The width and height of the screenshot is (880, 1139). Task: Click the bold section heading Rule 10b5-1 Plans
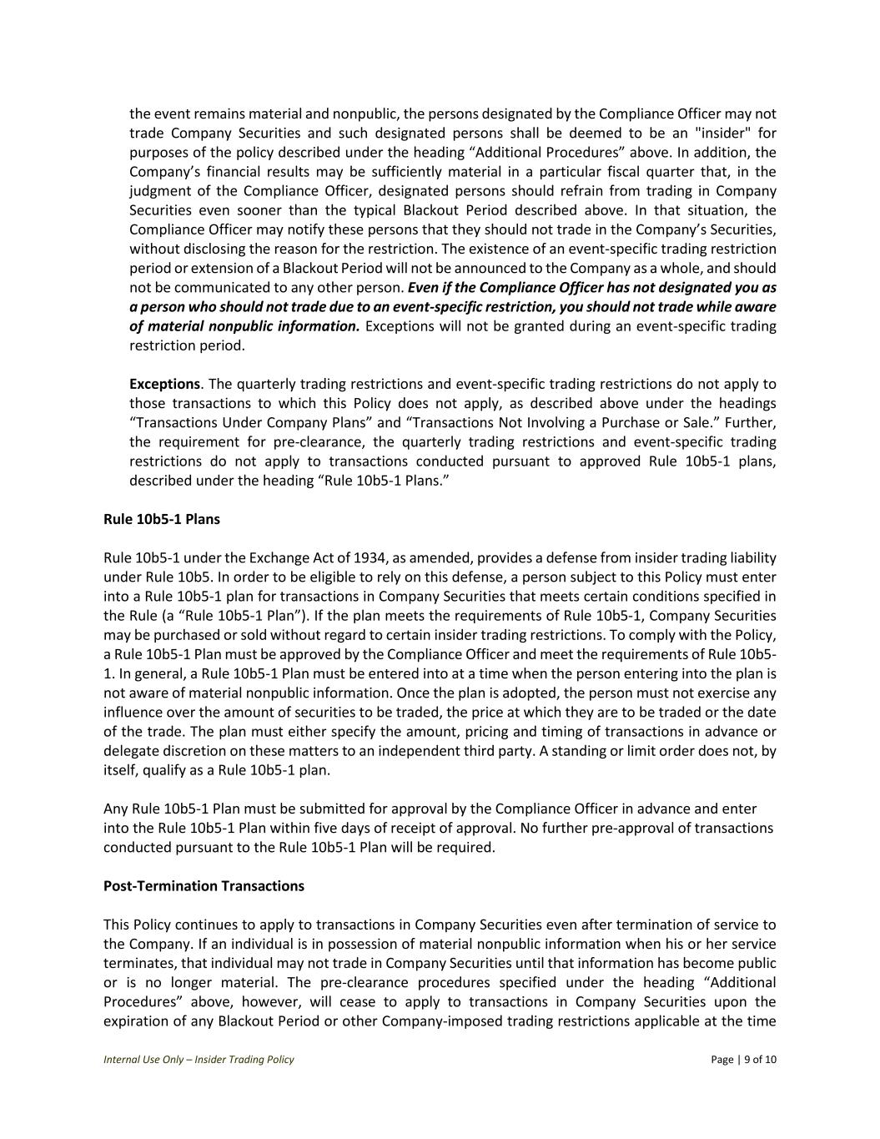tap(162, 519)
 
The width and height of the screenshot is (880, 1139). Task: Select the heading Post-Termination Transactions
tap(204, 885)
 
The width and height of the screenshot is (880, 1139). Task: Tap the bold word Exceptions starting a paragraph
tap(164, 384)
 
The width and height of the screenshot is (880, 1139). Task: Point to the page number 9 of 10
tap(760, 1060)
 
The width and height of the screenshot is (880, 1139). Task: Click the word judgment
tap(161, 191)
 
